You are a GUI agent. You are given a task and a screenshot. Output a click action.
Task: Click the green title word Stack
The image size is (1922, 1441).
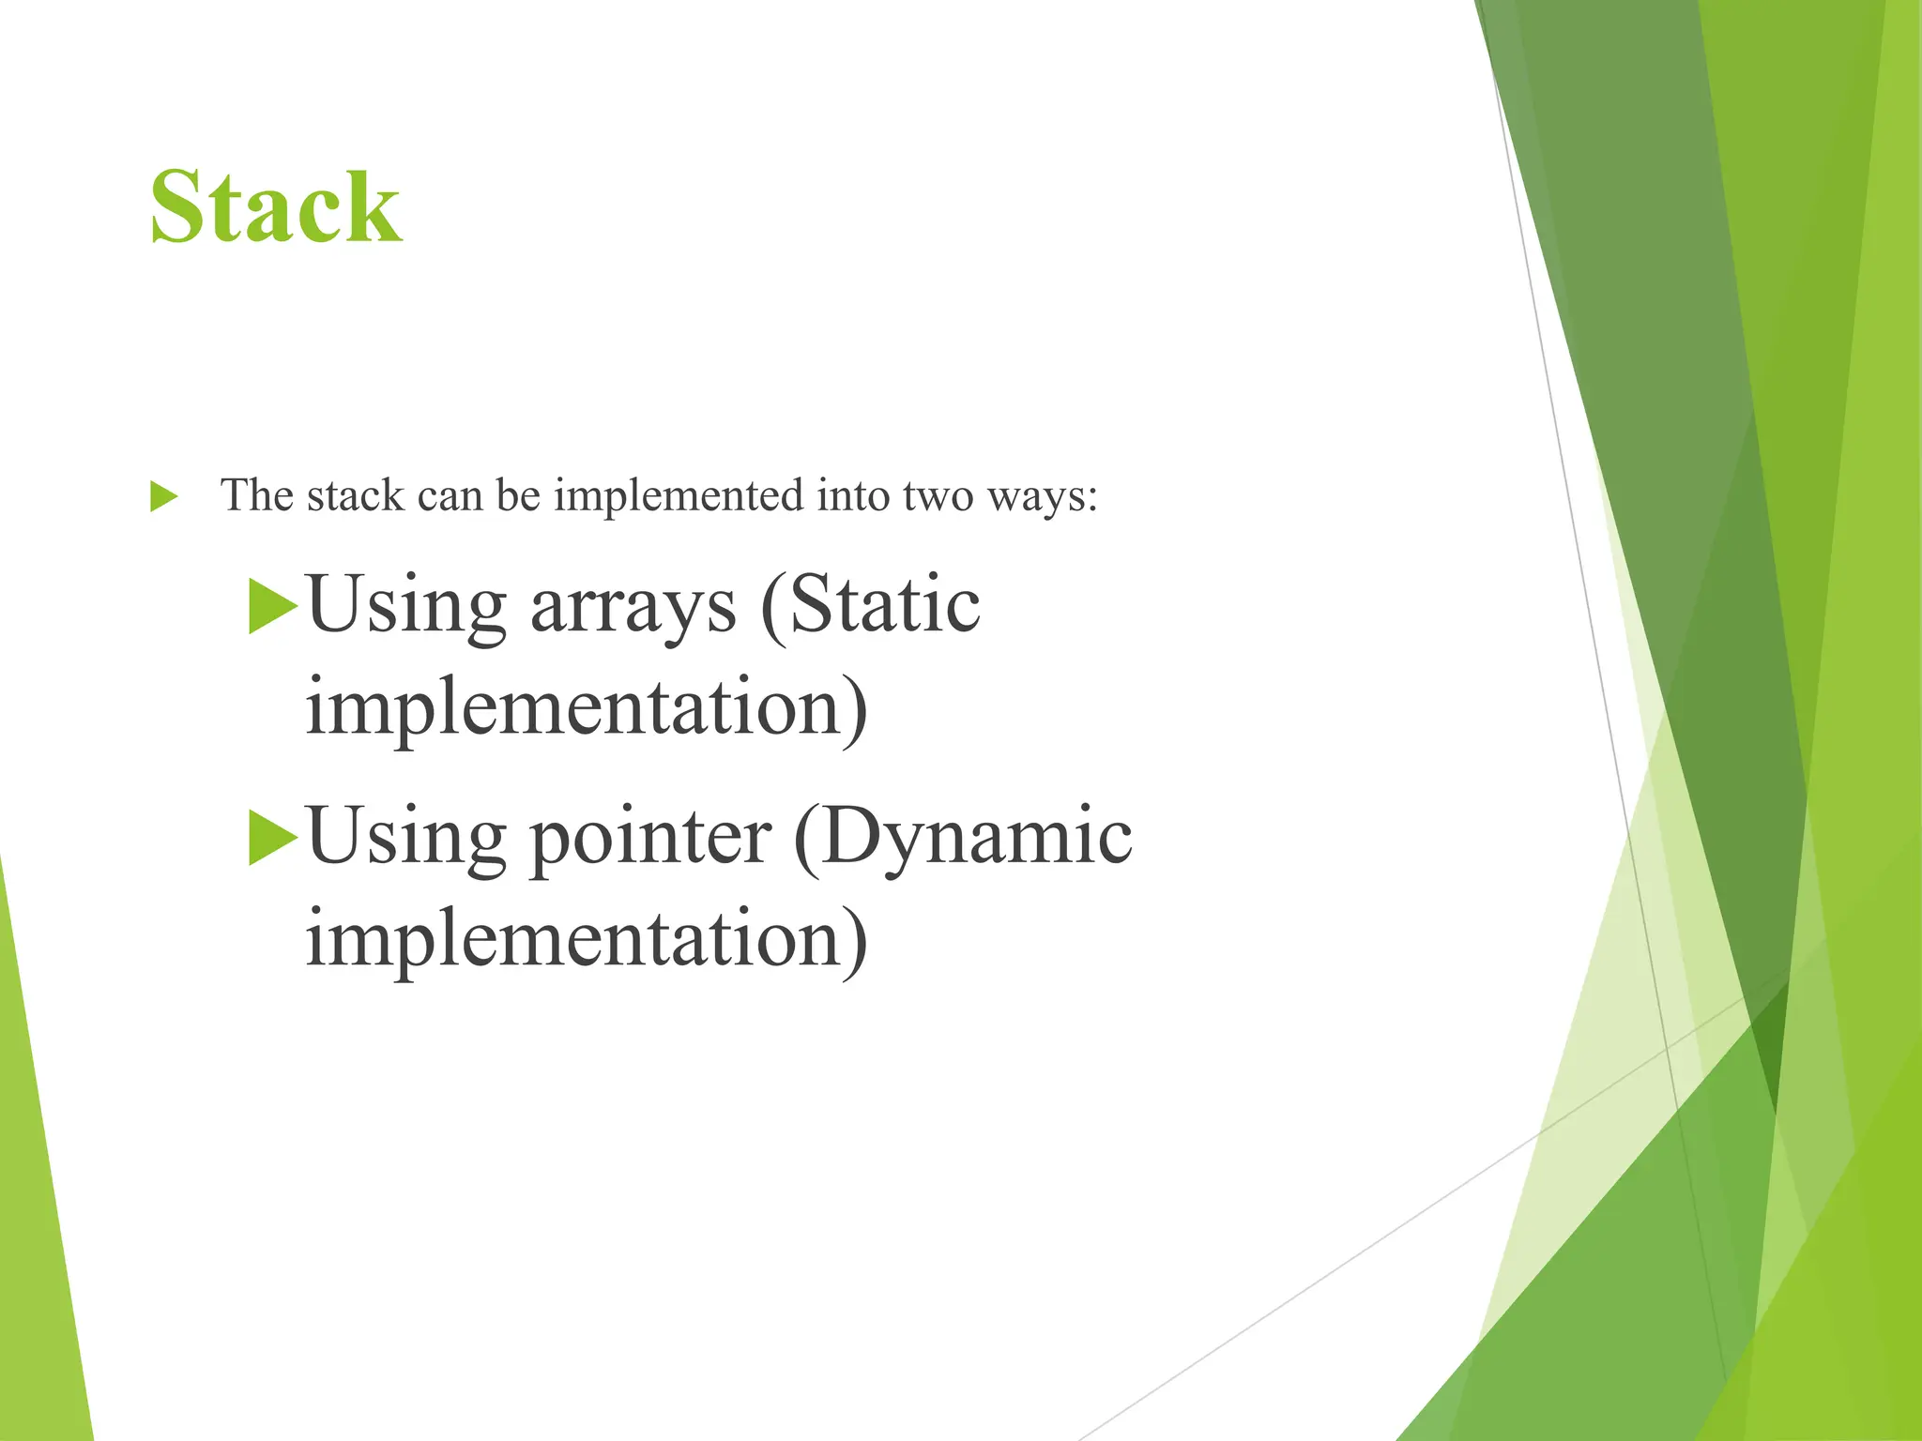pyautogui.click(x=276, y=207)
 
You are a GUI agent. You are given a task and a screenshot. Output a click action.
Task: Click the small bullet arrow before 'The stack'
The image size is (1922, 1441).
pyautogui.click(x=163, y=496)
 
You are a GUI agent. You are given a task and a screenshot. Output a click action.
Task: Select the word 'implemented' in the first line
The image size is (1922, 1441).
pyautogui.click(x=679, y=496)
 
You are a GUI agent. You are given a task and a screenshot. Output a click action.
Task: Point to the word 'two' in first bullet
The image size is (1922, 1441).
pyautogui.click(x=938, y=496)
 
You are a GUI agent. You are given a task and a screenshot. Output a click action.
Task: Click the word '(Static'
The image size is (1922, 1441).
pyautogui.click(x=871, y=605)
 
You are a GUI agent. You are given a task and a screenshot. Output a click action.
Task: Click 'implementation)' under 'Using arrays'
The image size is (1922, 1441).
pyautogui.click(x=587, y=708)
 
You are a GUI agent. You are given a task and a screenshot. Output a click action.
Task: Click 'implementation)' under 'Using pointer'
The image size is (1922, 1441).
pyautogui.click(x=587, y=939)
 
